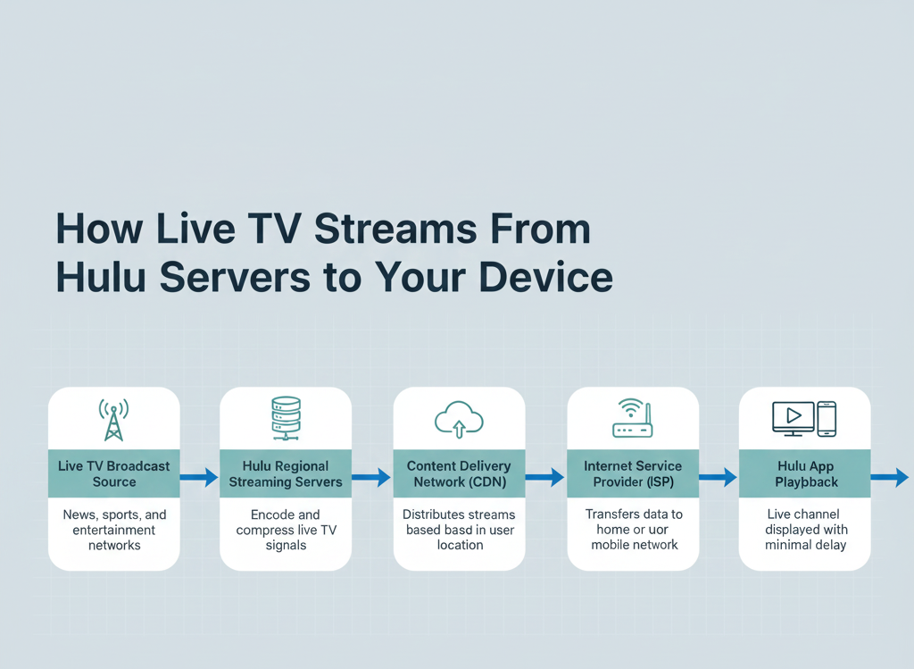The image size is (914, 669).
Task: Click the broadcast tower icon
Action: click(113, 420)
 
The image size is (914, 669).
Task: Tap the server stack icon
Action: click(286, 419)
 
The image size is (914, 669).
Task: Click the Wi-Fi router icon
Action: click(632, 419)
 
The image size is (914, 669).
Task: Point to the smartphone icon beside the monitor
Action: click(827, 419)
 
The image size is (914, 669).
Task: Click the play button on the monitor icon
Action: click(793, 416)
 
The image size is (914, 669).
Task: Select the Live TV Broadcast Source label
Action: click(114, 474)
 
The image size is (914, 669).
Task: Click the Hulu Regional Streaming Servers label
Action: click(286, 474)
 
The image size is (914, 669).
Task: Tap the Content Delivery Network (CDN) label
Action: click(459, 474)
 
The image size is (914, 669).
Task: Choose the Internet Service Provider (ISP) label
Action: click(633, 474)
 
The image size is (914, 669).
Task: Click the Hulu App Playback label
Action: click(805, 474)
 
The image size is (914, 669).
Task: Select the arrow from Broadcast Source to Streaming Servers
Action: click(200, 478)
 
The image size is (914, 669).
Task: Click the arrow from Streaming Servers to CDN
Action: click(372, 478)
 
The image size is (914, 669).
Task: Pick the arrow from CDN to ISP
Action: click(545, 478)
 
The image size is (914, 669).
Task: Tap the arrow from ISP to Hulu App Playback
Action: click(719, 478)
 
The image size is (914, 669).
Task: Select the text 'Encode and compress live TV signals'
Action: click(286, 530)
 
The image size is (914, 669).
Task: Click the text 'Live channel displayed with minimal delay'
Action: click(805, 530)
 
